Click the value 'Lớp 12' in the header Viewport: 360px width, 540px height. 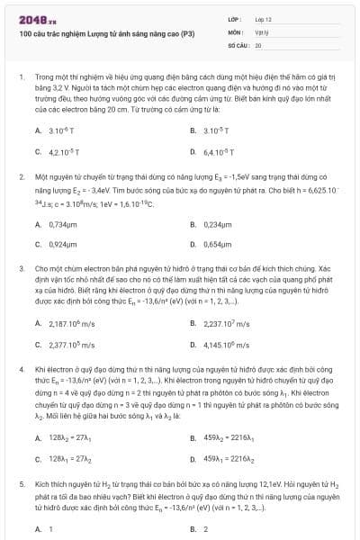[263, 18]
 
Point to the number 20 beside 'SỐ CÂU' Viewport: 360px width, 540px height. [257, 43]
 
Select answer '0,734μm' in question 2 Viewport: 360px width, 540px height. [62, 222]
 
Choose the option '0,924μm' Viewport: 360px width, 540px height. [62, 244]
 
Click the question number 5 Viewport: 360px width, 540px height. [21, 483]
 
